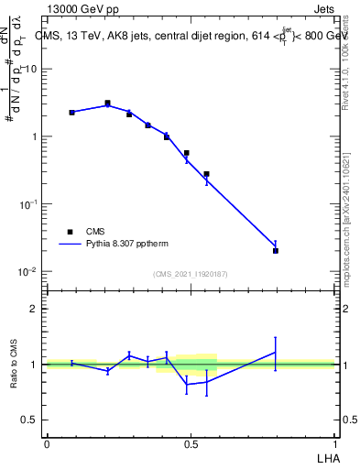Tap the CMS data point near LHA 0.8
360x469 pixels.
pos(276,250)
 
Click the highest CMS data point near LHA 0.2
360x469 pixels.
pos(107,104)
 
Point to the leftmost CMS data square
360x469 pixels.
pos(71,113)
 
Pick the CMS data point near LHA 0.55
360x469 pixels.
pos(207,174)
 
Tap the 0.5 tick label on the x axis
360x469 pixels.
pos(191,444)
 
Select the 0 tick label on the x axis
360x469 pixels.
pos(47,444)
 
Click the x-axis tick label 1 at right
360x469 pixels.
pos(334,444)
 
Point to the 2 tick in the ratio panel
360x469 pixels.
pos(35,309)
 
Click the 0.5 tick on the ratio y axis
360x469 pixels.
pos(30,420)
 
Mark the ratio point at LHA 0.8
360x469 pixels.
pos(276,353)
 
